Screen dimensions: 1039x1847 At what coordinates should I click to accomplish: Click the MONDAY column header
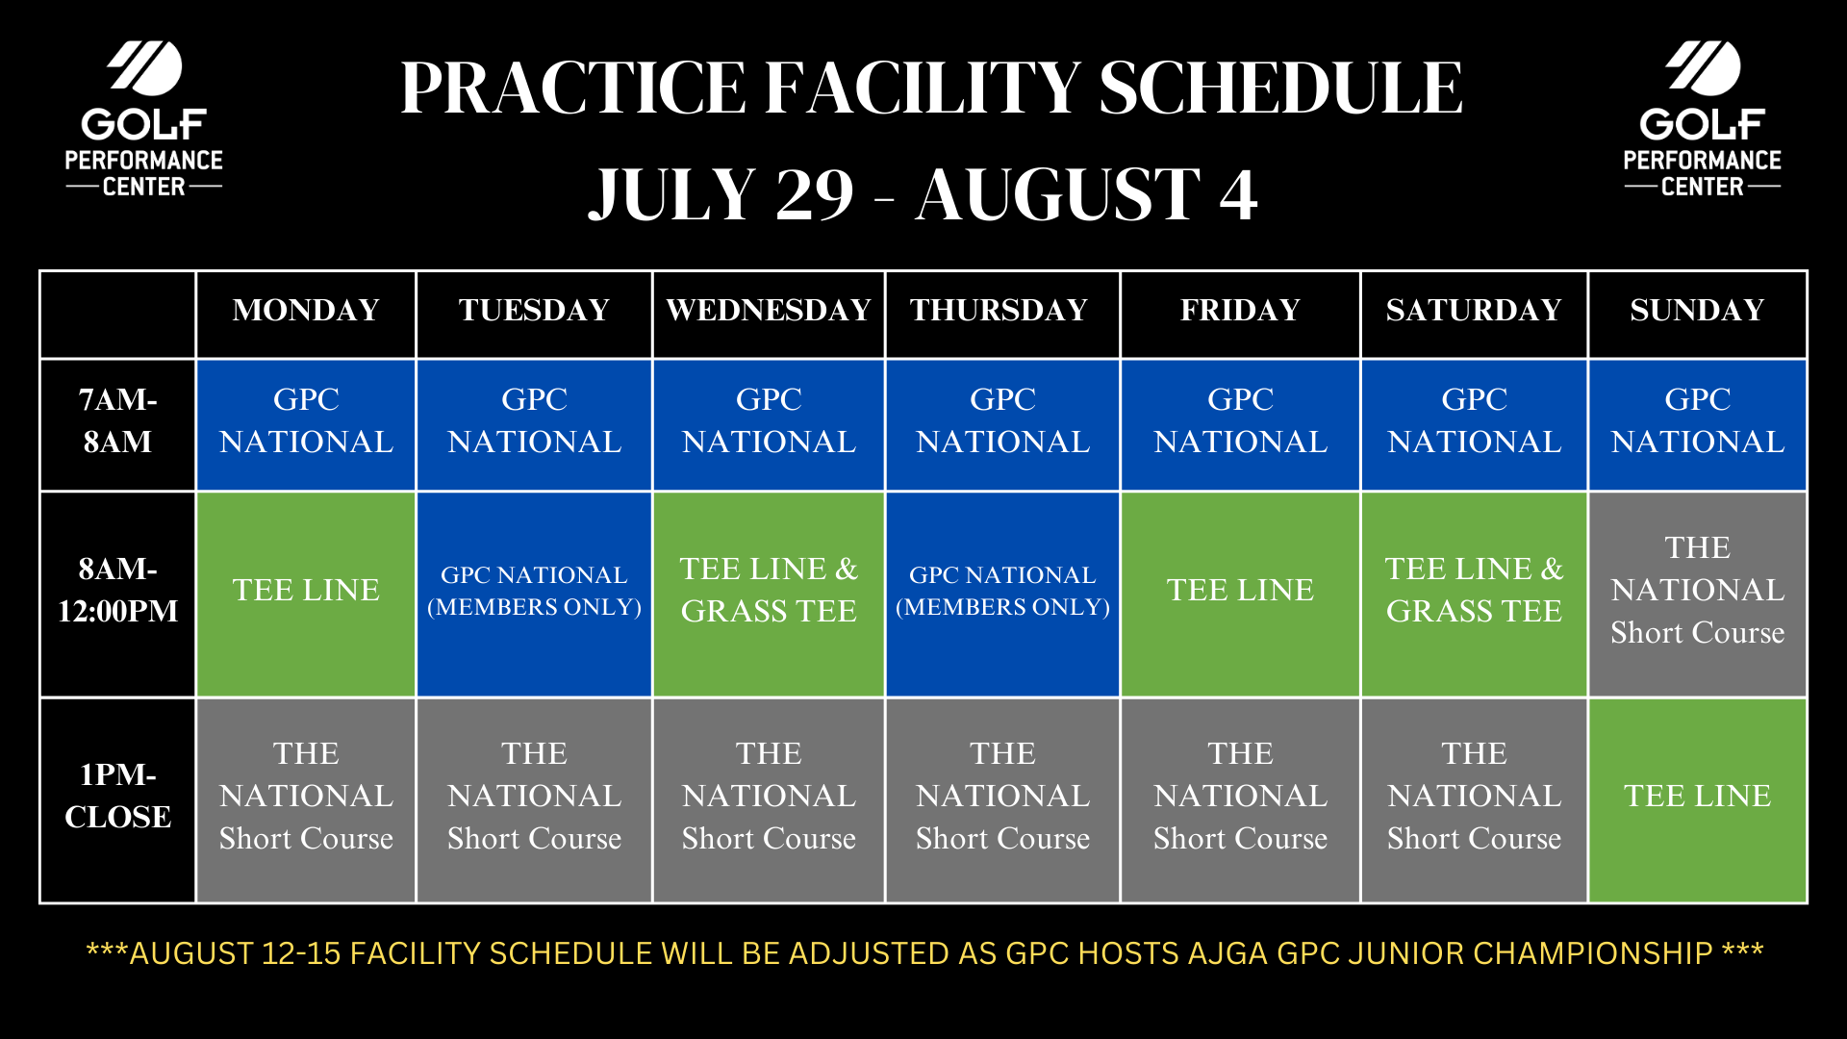(306, 310)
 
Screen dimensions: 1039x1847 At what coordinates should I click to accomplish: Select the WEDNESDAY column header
(769, 310)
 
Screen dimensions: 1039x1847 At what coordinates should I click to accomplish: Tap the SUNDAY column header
(1697, 310)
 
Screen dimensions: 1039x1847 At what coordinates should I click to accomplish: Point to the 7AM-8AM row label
(117, 420)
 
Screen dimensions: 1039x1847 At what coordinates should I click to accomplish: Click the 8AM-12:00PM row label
(117, 590)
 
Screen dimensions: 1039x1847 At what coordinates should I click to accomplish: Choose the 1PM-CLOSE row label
(117, 796)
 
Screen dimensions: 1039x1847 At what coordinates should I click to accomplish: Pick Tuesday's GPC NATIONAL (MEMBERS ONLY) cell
(534, 591)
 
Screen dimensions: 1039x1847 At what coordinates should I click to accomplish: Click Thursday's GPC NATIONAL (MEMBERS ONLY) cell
(1002, 591)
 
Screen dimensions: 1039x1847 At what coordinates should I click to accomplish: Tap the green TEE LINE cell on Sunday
(1697, 796)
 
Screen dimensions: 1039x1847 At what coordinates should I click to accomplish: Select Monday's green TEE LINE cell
(306, 590)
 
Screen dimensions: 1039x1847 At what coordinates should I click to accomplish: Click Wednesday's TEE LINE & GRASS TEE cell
(769, 590)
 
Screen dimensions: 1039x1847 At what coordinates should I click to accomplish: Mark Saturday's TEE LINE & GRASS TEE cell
(1474, 590)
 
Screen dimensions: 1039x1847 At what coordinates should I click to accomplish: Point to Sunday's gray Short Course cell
(1697, 590)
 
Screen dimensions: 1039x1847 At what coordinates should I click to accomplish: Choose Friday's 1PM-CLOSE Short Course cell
(1240, 796)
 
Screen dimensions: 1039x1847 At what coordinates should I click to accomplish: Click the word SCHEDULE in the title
(1280, 89)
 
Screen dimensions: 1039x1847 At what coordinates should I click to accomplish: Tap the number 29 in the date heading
(814, 194)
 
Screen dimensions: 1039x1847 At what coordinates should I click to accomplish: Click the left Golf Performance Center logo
(144, 119)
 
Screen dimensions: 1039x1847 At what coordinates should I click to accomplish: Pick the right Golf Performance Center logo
(1702, 119)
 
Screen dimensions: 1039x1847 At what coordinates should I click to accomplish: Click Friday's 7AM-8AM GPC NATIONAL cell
(1240, 420)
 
